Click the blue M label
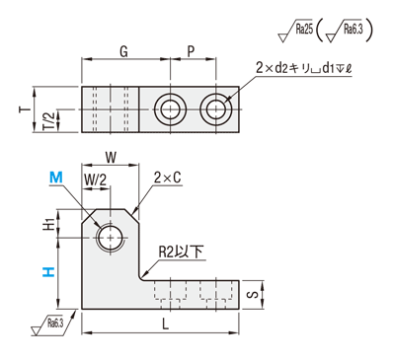pos(56,178)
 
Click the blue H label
pos(48,272)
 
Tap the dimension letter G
pos(123,51)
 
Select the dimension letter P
pos(191,51)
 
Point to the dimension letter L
pos(166,324)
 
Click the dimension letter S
pos(253,295)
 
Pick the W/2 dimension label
pos(96,180)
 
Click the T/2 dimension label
pos(48,121)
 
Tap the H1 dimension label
pos(48,224)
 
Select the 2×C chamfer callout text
pos(168,178)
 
